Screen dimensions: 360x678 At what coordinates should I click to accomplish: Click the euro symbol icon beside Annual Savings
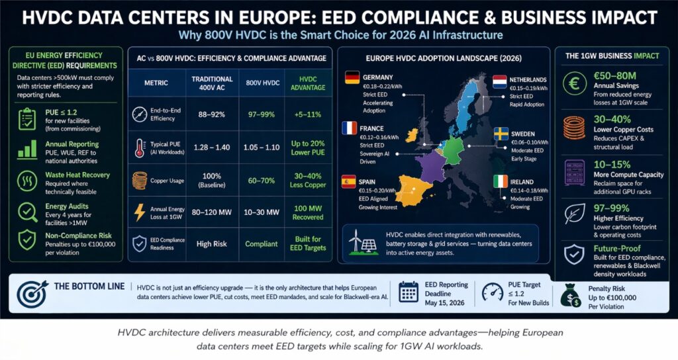coord(572,83)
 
